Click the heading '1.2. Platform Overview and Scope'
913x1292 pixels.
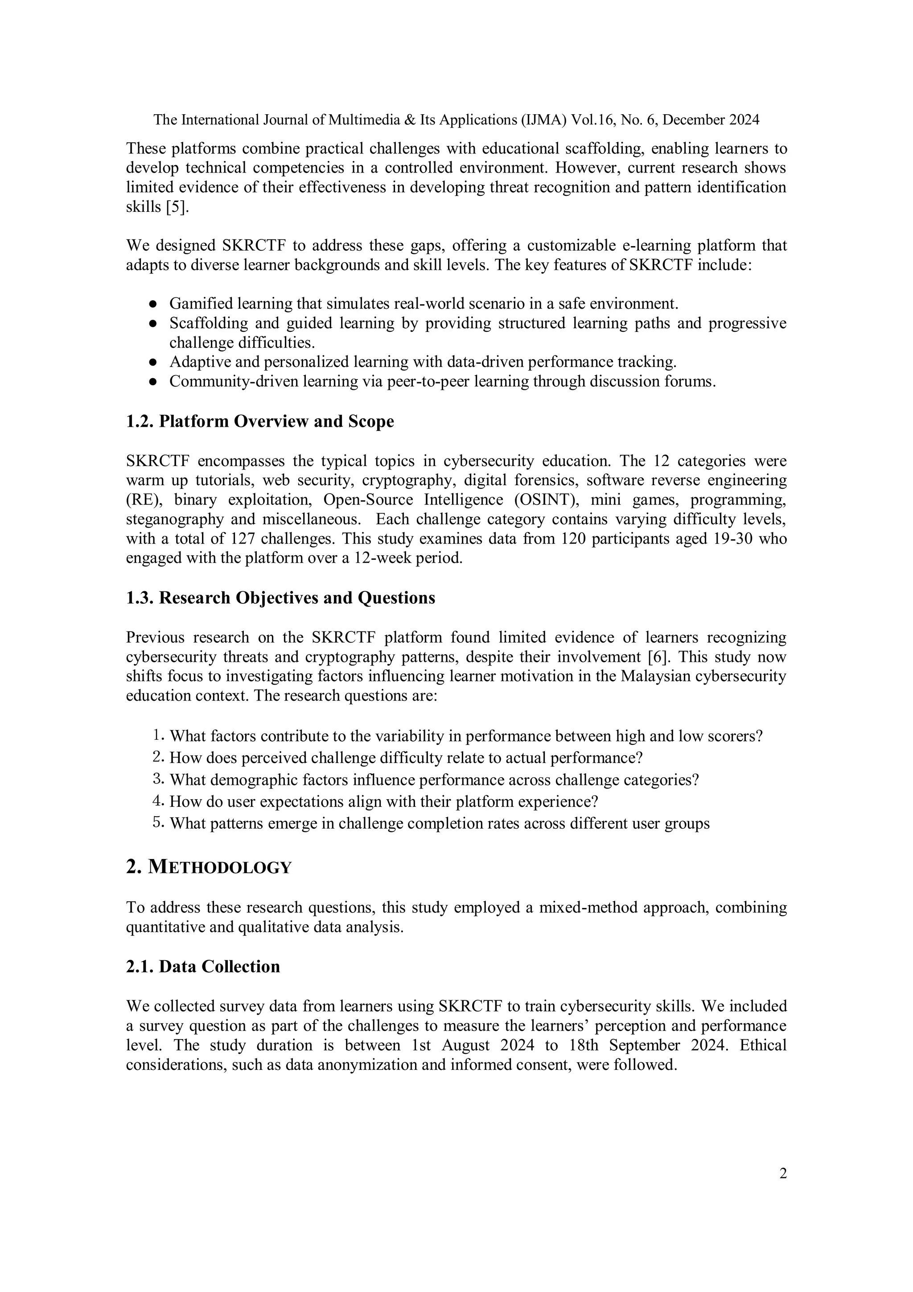pos(259,421)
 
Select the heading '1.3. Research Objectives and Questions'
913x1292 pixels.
pos(280,598)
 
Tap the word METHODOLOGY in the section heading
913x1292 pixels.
pos(220,867)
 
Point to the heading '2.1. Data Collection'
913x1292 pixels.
pos(202,966)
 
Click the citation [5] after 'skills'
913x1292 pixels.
pos(177,207)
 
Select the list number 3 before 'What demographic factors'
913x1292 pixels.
pos(157,780)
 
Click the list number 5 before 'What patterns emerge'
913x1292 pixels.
pos(157,823)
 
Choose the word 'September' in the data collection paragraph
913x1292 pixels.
pos(643,1045)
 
